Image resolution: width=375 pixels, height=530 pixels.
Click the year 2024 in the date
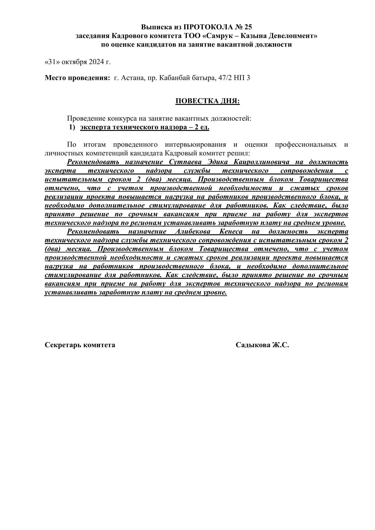(96, 62)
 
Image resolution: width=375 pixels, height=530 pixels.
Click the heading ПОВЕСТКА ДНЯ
(207, 101)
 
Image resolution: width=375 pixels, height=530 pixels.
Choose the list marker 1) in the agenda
(72, 127)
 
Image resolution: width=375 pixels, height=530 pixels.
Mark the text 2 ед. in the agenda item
(202, 127)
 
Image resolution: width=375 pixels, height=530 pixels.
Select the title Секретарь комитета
(80, 345)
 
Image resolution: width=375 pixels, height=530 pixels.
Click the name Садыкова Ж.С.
(262, 345)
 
